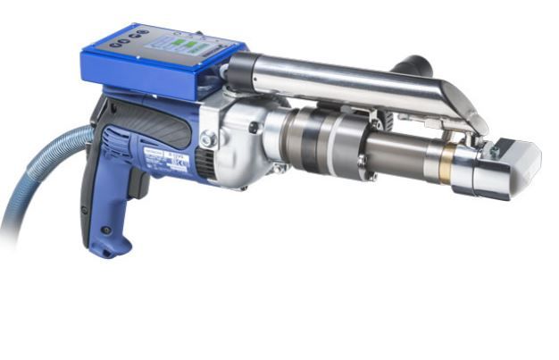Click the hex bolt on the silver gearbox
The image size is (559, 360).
click(x=208, y=138)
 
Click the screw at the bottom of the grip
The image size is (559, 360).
click(x=106, y=230)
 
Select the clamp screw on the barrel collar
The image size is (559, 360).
click(x=362, y=162)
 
